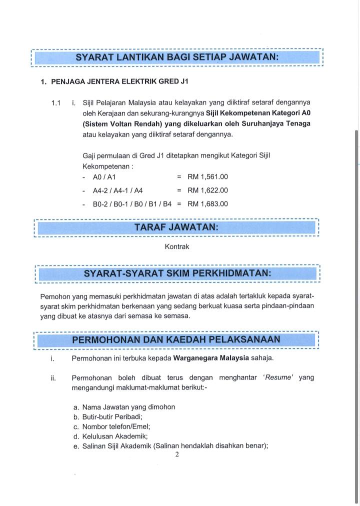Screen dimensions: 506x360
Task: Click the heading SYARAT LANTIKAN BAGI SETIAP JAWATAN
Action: (177, 57)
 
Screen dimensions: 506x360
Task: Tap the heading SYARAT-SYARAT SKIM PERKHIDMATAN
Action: (177, 273)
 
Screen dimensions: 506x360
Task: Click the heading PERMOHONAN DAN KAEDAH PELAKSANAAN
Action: (176, 340)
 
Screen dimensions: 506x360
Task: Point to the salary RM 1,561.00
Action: (207, 177)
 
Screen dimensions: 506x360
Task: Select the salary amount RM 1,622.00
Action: (207, 190)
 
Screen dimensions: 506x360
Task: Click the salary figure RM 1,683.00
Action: (207, 204)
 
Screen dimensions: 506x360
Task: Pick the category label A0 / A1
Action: (104, 177)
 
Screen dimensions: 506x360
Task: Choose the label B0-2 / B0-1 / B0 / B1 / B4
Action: (132, 204)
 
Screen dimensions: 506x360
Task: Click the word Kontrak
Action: (177, 246)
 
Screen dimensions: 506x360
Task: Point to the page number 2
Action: (177, 454)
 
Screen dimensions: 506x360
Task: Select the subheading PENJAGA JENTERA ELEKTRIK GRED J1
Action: (119, 81)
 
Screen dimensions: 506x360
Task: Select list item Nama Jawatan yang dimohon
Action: (128, 407)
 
